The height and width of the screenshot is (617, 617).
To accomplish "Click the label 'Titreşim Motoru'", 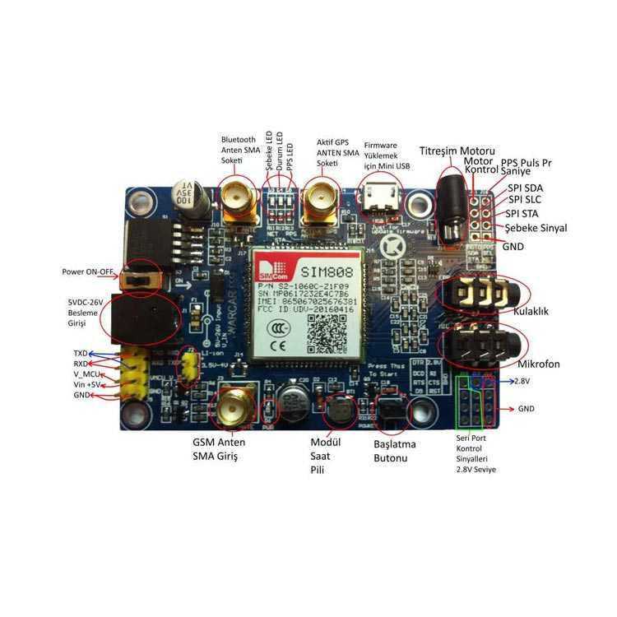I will [x=457, y=152].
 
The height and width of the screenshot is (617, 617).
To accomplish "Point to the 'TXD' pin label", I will [x=80, y=354].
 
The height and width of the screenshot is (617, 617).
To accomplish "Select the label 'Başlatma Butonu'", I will [x=395, y=451].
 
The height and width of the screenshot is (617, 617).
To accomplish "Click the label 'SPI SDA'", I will [x=525, y=188].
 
